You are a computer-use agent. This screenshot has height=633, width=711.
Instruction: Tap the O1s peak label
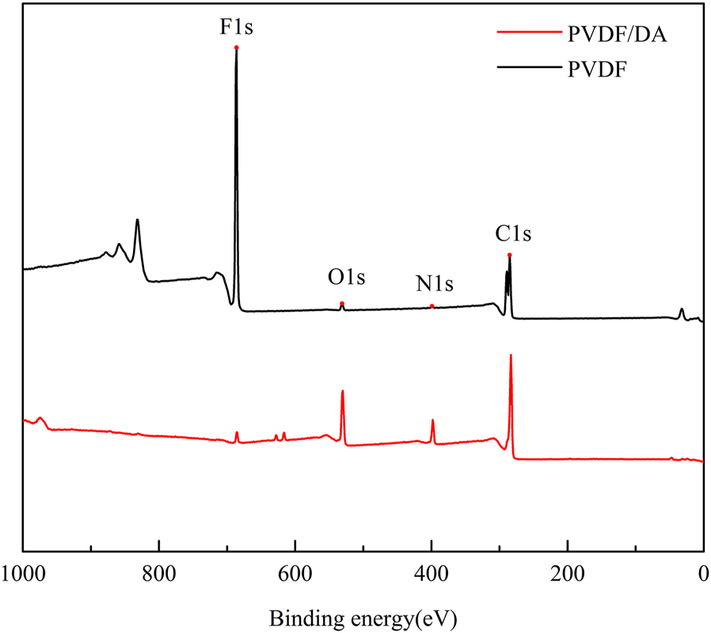[x=347, y=279]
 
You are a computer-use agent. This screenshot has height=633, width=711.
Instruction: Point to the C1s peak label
[x=513, y=234]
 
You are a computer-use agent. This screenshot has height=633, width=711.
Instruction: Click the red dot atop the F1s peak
[x=236, y=47]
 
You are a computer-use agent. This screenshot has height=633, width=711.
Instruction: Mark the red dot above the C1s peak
[x=509, y=255]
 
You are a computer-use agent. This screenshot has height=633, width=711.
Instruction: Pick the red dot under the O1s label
[x=342, y=303]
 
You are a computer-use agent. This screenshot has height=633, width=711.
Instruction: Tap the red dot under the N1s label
[x=432, y=306]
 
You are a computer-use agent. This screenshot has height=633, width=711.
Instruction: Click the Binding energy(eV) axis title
[x=363, y=615]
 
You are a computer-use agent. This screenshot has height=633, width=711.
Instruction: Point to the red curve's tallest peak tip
[x=511, y=355]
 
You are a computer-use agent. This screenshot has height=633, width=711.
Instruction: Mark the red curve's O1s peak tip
[x=342, y=391]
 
